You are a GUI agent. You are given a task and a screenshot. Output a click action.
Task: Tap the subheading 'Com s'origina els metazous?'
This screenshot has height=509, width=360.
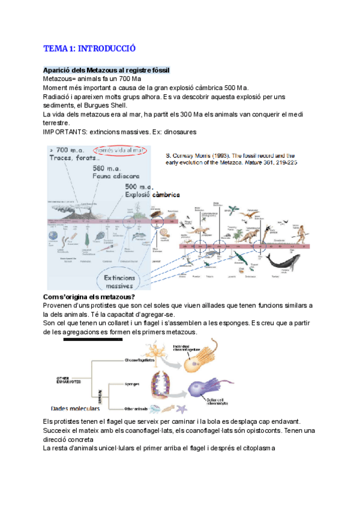point(89,297)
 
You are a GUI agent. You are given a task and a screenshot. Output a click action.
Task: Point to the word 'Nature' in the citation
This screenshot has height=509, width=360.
point(246,162)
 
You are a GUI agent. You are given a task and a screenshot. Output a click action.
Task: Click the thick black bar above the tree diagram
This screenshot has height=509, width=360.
point(96,339)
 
